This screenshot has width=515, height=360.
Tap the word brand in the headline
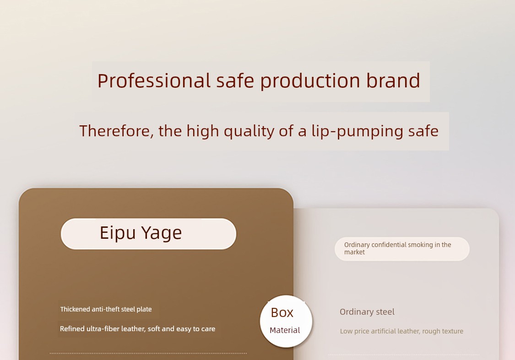click(393, 80)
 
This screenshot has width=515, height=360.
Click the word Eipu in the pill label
click(118, 233)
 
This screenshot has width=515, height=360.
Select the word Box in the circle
click(282, 312)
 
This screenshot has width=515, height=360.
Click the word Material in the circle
click(285, 330)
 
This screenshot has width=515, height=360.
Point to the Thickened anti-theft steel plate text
click(106, 309)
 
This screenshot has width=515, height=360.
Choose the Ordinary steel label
click(367, 312)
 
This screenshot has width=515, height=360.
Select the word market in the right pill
click(354, 252)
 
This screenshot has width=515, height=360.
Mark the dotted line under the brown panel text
click(148, 354)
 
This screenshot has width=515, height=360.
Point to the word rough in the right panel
click(431, 332)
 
